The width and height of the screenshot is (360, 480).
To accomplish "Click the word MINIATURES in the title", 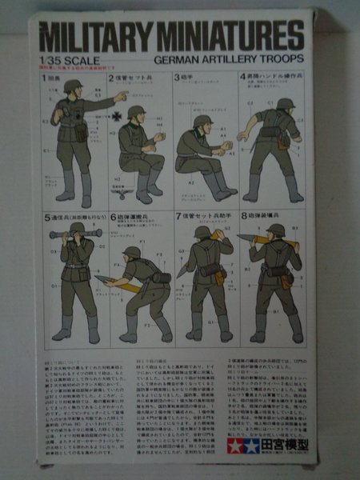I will tap(232, 38).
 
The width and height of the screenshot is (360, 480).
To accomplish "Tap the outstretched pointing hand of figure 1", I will tap(122, 96).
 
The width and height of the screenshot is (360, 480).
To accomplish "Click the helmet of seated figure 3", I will tap(202, 122).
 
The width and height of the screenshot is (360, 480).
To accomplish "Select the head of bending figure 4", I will tap(285, 105).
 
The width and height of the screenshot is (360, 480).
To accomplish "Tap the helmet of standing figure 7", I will tap(202, 233).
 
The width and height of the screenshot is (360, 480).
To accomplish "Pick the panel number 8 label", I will tap(243, 217).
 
